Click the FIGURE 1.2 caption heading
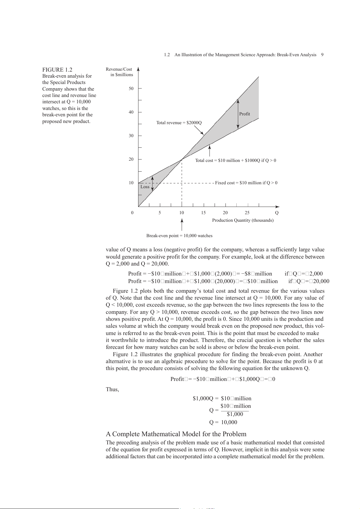click(x=57, y=69)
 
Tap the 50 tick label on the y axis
click(x=131, y=89)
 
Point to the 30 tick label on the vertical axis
click(x=131, y=136)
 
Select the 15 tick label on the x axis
click(x=203, y=213)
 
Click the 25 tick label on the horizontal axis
click(x=247, y=213)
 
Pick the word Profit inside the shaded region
click(x=245, y=114)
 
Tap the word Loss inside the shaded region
click(x=145, y=187)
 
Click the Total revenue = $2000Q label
click(x=179, y=123)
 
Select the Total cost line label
click(x=235, y=160)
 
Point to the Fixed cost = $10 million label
click(x=246, y=183)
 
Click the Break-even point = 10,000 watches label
click(x=179, y=236)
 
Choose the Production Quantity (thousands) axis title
click(x=243, y=220)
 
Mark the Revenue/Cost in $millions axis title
click(x=119, y=72)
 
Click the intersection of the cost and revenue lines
click(x=182, y=159)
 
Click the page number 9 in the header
click(x=322, y=55)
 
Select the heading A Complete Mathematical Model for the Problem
click(x=176, y=434)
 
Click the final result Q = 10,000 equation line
click(x=223, y=422)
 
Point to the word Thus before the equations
click(x=112, y=389)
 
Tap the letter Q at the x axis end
click(x=277, y=213)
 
